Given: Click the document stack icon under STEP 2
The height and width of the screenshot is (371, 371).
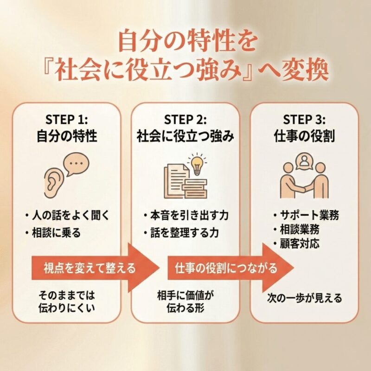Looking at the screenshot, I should point(181,181).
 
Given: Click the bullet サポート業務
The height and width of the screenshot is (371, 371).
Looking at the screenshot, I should point(306,215).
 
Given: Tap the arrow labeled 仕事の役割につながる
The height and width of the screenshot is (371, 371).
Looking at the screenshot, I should point(227,268).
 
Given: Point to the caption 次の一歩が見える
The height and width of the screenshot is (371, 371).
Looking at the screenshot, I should point(305,298).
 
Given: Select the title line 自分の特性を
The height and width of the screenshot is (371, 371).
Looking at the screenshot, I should point(185,43).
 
